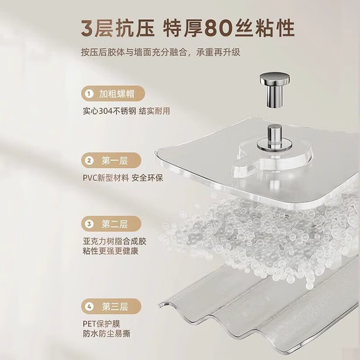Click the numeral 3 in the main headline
(88, 29)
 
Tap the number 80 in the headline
(217, 29)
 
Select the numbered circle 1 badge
(89, 94)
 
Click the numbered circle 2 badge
(89, 160)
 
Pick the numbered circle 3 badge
(89, 224)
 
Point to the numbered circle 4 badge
(89, 306)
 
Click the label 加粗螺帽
(116, 94)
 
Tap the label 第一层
(115, 160)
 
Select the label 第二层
(115, 224)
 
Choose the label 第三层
(115, 306)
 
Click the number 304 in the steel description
(105, 111)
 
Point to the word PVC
(90, 178)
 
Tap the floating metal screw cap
(274, 90)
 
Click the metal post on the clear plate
(274, 137)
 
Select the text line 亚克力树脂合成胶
(114, 241)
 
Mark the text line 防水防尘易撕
(106, 334)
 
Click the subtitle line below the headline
(160, 52)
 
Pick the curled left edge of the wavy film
(163, 305)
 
